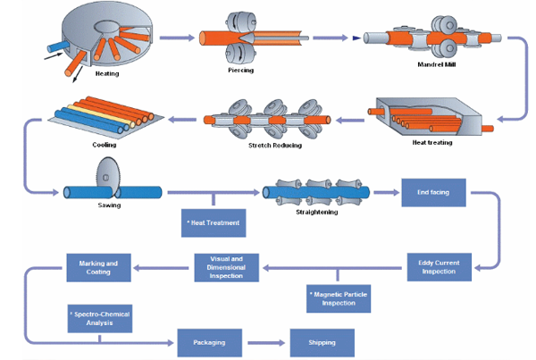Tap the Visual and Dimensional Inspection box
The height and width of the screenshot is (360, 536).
226,267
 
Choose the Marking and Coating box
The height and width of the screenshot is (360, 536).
98,266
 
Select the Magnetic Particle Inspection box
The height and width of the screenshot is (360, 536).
338,299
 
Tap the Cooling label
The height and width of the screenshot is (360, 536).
104,143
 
